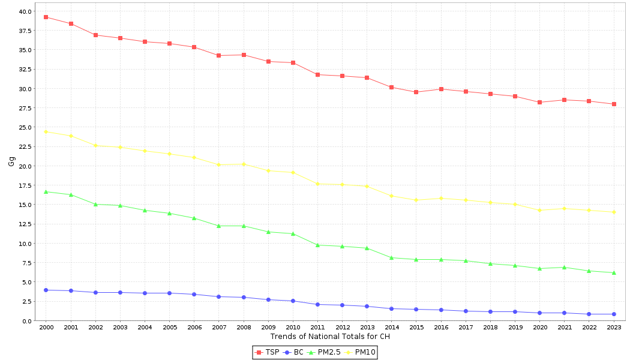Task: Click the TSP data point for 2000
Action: tap(46, 17)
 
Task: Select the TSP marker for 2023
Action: tap(614, 104)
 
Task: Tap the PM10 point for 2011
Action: tap(317, 184)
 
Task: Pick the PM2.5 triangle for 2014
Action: tap(391, 258)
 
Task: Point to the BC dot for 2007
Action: tap(218, 297)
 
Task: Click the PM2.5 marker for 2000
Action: tap(46, 192)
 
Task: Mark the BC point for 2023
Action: tap(614, 314)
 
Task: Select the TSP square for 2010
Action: tap(293, 63)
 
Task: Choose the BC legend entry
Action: tap(294, 353)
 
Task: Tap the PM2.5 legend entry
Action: tap(324, 353)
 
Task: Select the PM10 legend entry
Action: tap(360, 353)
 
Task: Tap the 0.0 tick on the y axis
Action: tap(28, 321)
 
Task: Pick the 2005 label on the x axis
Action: tap(169, 328)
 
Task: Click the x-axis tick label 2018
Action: tap(490, 328)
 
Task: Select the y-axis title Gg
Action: tap(11, 161)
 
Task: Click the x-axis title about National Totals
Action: tap(330, 337)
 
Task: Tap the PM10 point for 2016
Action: tap(441, 198)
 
